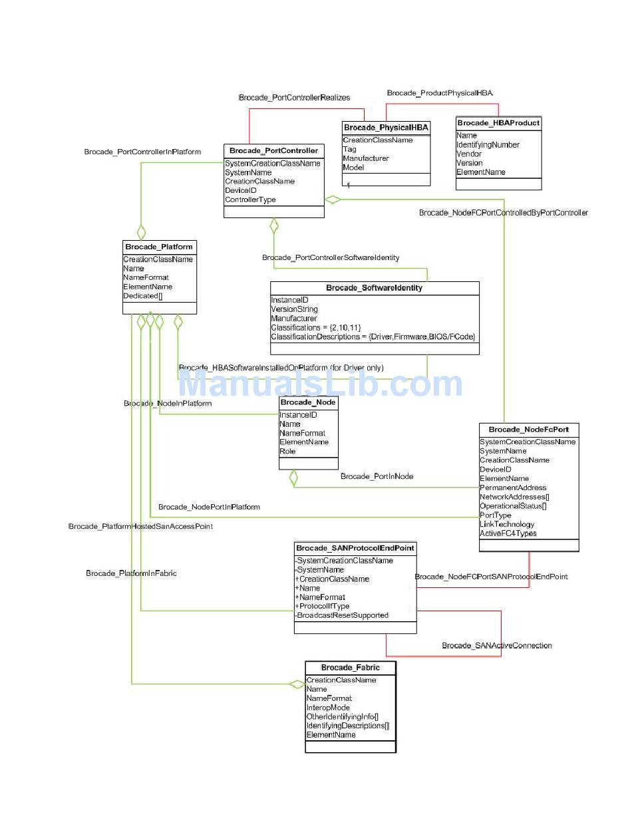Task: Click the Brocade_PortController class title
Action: pyautogui.click(x=273, y=151)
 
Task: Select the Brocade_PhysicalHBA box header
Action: pyautogui.click(x=386, y=128)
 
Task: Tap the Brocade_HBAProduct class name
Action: pyautogui.click(x=498, y=123)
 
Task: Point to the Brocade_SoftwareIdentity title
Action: pyautogui.click(x=374, y=288)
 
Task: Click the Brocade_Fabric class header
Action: pyautogui.click(x=350, y=668)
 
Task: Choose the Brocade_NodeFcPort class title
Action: pyautogui.click(x=528, y=430)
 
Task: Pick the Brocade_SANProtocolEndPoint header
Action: pyautogui.click(x=355, y=548)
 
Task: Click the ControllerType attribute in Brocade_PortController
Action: pyautogui.click(x=250, y=200)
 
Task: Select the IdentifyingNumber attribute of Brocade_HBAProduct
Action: pyautogui.click(x=488, y=145)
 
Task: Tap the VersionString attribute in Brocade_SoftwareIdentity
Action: pyautogui.click(x=294, y=309)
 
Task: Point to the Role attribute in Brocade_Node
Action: pyautogui.click(x=287, y=451)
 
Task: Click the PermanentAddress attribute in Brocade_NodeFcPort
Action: pyautogui.click(x=513, y=488)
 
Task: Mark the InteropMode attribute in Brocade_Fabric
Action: pyautogui.click(x=328, y=708)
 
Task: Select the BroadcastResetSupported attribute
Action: pyautogui.click(x=343, y=615)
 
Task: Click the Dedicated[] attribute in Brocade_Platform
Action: pyautogui.click(x=142, y=296)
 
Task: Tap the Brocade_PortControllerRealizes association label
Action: pyautogui.click(x=294, y=98)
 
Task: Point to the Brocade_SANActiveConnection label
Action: pyautogui.click(x=496, y=646)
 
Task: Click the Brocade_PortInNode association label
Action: pyautogui.click(x=377, y=476)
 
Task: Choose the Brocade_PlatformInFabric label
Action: pyautogui.click(x=131, y=573)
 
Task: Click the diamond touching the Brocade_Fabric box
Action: pyautogui.click(x=297, y=684)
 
